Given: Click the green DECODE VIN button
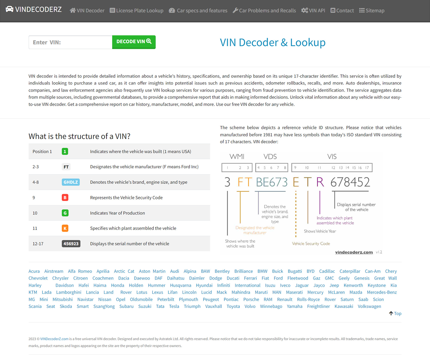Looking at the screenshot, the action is click(x=134, y=42).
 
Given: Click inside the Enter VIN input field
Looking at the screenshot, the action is click(x=71, y=42).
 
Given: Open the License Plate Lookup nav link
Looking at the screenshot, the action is click(x=136, y=10).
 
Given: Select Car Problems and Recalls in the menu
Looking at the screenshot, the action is click(x=265, y=10).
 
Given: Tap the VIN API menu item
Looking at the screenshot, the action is click(x=313, y=10).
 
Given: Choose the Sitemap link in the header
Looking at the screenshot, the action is click(x=372, y=10).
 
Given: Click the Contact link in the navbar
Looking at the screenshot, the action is click(x=342, y=10).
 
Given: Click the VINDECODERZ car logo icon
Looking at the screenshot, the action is click(x=10, y=9).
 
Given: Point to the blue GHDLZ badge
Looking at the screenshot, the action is click(x=71, y=182).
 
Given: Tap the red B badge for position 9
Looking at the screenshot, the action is click(x=65, y=198).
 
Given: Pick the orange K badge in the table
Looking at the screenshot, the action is click(x=65, y=228).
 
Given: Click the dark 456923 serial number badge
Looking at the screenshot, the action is click(x=71, y=243).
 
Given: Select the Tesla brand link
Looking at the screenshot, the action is click(x=174, y=306).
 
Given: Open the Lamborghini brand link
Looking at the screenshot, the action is click(x=69, y=292).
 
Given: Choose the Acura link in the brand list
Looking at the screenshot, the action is click(x=34, y=271).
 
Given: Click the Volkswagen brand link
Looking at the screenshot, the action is click(x=370, y=306).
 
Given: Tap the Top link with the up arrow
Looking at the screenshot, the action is click(x=395, y=313).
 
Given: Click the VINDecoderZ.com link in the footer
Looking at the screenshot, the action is click(x=54, y=339).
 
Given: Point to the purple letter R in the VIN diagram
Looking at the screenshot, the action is click(x=320, y=182).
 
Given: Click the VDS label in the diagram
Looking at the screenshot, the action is click(x=270, y=157).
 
